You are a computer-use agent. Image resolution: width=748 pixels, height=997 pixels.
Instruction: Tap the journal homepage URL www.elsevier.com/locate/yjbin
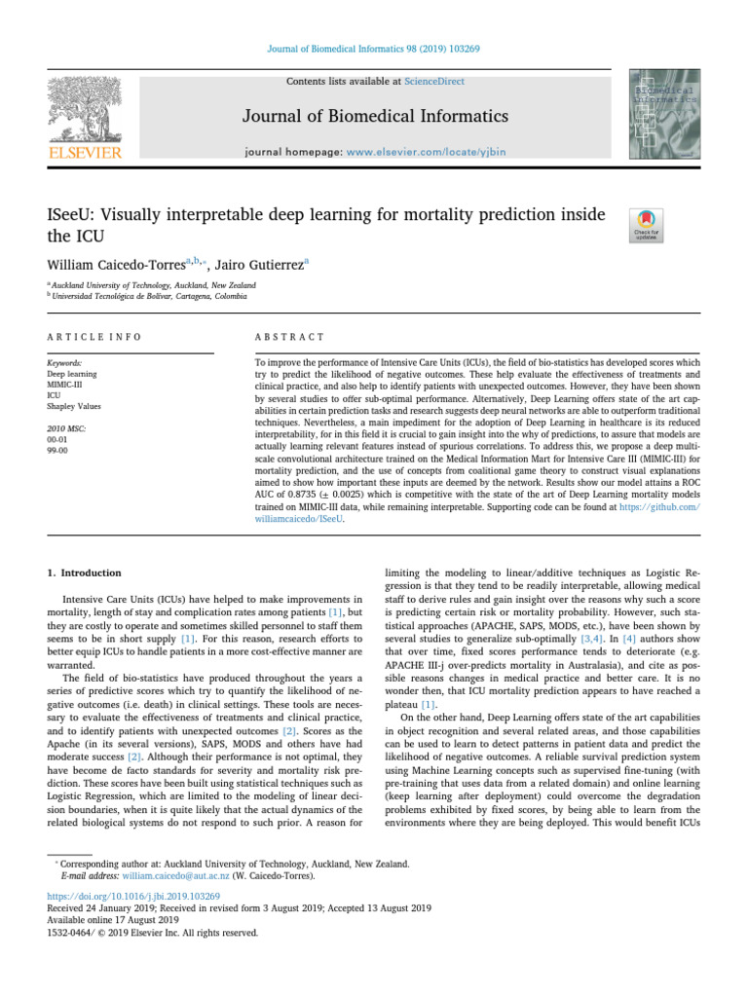[437, 152]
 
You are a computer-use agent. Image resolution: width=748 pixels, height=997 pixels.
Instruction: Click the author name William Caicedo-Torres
[119, 264]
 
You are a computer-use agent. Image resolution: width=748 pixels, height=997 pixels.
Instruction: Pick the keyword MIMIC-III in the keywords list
[67, 384]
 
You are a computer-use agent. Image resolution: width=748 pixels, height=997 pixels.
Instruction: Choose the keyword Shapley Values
[74, 406]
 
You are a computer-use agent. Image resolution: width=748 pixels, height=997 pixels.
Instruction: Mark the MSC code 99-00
[59, 449]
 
